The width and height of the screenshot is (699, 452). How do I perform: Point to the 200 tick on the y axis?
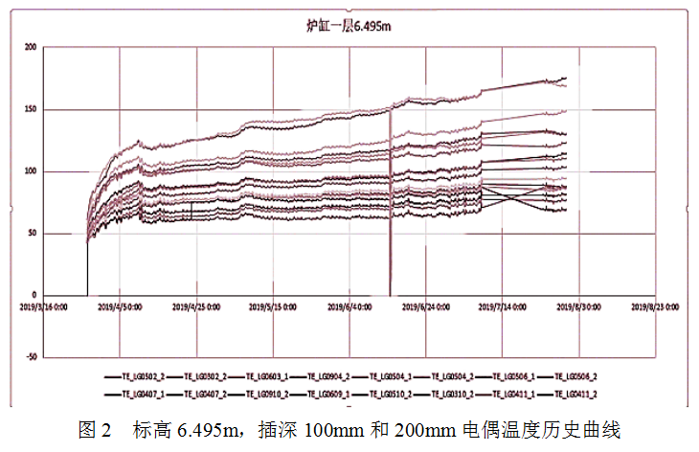click(x=31, y=47)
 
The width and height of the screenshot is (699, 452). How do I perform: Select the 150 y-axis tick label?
click(x=31, y=109)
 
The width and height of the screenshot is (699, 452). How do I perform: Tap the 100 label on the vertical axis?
click(x=31, y=171)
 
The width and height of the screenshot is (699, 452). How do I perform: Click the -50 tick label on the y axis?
click(x=31, y=357)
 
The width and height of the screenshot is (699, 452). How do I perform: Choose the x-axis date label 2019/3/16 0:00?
click(x=45, y=308)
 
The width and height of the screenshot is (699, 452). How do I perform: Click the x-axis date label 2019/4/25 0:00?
click(x=196, y=308)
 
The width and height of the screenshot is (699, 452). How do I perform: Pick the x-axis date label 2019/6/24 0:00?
click(x=423, y=308)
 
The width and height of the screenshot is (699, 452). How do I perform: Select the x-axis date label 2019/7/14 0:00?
click(x=499, y=308)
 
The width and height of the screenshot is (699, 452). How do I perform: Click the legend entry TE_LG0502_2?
click(x=141, y=377)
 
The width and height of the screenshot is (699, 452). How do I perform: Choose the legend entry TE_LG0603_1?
click(x=264, y=377)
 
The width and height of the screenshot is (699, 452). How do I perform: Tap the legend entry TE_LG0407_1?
click(x=141, y=394)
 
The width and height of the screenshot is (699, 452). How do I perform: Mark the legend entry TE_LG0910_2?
click(x=264, y=394)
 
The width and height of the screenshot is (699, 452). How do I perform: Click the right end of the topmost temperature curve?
click(x=566, y=78)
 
